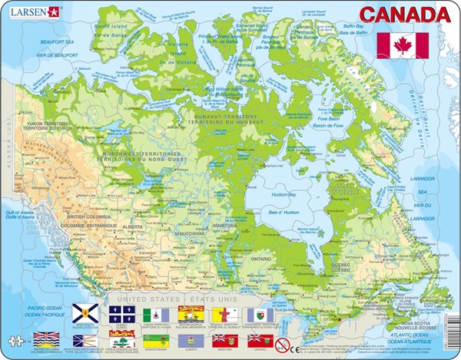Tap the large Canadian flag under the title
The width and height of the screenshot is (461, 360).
pyautogui.click(x=403, y=46)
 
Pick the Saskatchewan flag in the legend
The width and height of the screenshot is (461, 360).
pyautogui.click(x=154, y=339)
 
